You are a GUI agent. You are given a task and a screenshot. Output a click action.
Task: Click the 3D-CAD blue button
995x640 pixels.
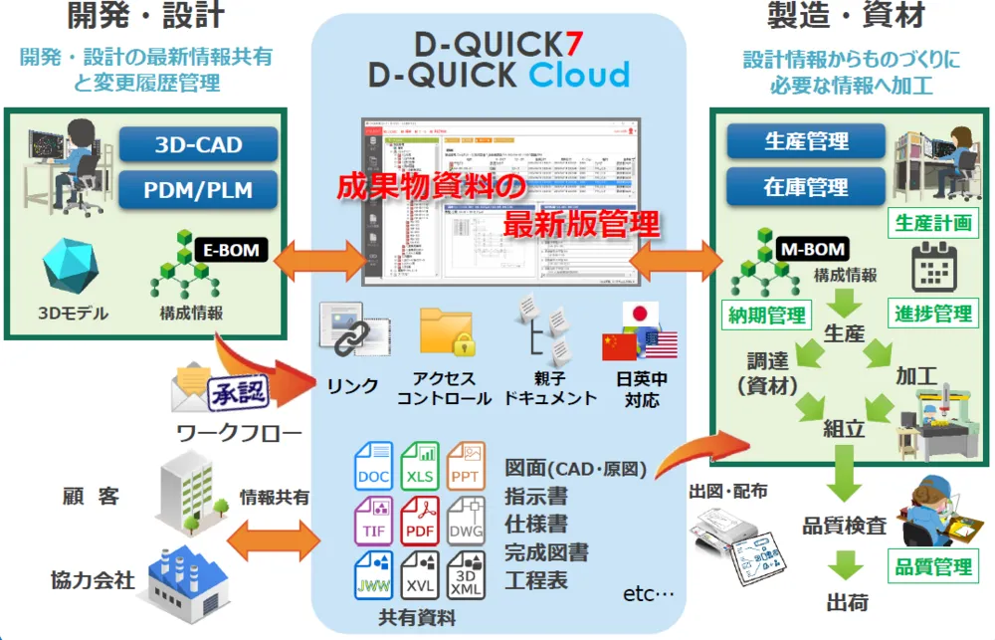click(198, 145)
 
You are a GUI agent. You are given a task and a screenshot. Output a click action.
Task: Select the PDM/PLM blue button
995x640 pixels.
click(198, 189)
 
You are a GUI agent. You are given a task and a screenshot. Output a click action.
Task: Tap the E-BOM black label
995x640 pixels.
click(231, 251)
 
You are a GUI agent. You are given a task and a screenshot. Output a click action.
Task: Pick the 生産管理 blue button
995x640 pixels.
click(806, 142)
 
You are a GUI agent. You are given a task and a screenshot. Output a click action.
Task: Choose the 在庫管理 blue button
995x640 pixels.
click(806, 186)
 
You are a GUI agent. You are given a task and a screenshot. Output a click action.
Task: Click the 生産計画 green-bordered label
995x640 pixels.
click(932, 222)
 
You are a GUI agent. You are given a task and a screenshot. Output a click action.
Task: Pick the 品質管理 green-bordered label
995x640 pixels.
click(932, 566)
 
